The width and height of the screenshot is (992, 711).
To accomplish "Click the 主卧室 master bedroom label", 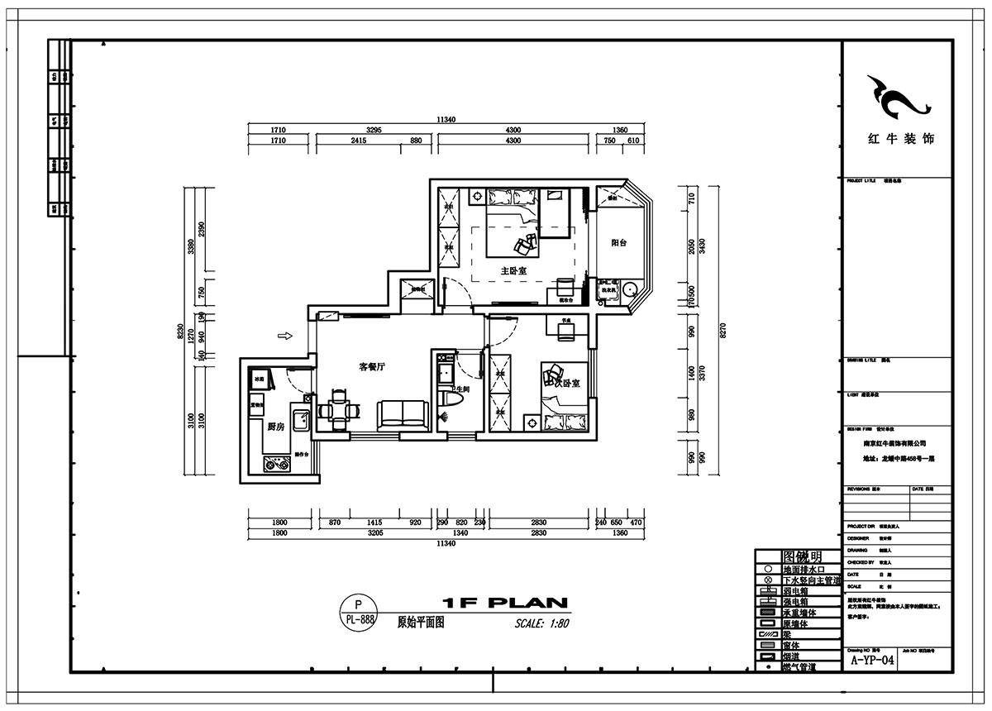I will [x=513, y=270].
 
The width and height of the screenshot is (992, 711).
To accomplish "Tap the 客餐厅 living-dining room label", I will [x=373, y=366].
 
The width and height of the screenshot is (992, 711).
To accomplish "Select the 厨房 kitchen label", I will [x=276, y=427].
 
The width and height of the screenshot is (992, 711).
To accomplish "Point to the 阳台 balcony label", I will [x=618, y=243].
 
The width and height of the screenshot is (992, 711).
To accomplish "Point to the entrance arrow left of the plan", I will [x=284, y=336].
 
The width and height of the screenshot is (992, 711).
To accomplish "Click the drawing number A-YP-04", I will [x=871, y=660].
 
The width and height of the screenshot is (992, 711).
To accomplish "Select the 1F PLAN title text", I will [x=503, y=603].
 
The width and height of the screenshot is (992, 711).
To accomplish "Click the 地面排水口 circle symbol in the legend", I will [x=768, y=570].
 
